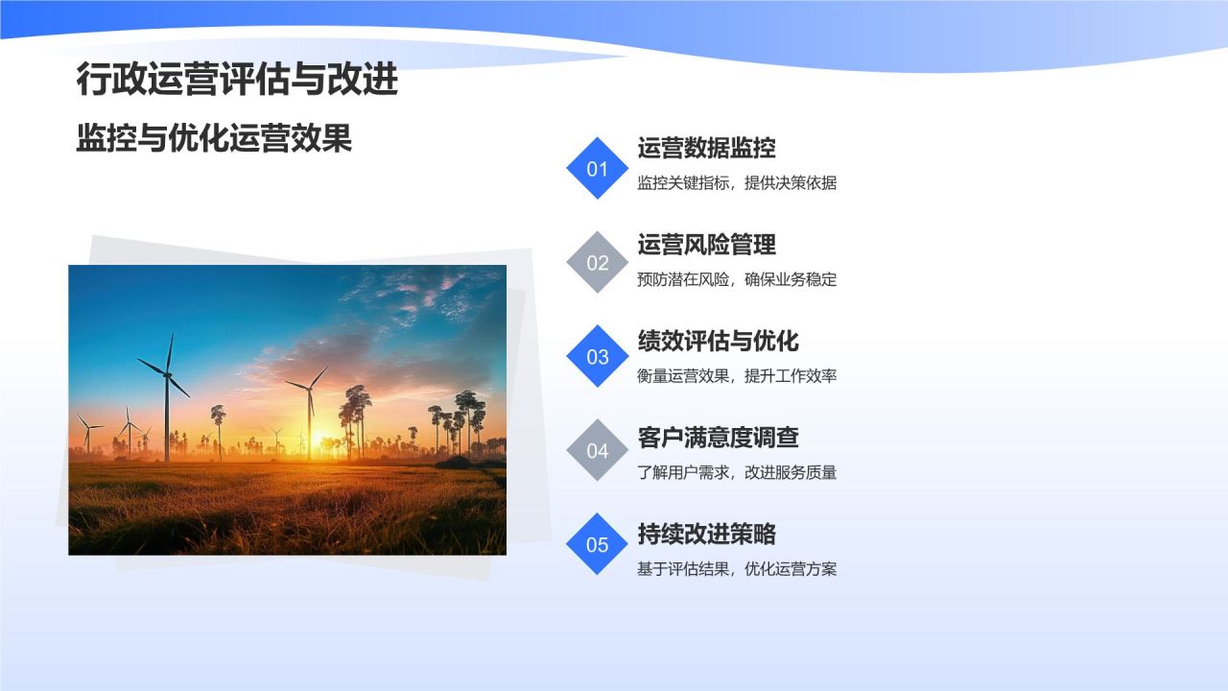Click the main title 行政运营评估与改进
pyautogui.click(x=237, y=81)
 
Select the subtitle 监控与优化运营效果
pyautogui.click(x=214, y=139)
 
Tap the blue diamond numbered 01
pyautogui.click(x=598, y=169)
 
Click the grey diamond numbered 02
pyautogui.click(x=598, y=262)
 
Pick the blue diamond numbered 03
pyautogui.click(x=598, y=356)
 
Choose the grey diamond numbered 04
pyautogui.click(x=598, y=450)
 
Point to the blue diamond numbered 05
pyautogui.click(x=598, y=544)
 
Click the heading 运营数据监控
pyautogui.click(x=706, y=148)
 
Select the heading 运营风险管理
pyautogui.click(x=706, y=245)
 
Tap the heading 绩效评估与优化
pyautogui.click(x=718, y=341)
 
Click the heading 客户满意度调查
pyautogui.click(x=718, y=438)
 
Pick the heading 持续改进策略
pyautogui.click(x=706, y=535)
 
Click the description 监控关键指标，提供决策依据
pyautogui.click(x=737, y=183)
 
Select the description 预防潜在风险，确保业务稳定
pyautogui.click(x=737, y=280)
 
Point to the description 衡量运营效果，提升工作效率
pyautogui.click(x=737, y=376)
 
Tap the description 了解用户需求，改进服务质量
pyautogui.click(x=737, y=472)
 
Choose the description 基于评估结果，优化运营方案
pyautogui.click(x=737, y=569)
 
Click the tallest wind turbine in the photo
pyautogui.click(x=167, y=384)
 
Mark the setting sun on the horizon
pyautogui.click(x=317, y=437)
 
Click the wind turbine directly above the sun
pyautogui.click(x=309, y=393)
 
